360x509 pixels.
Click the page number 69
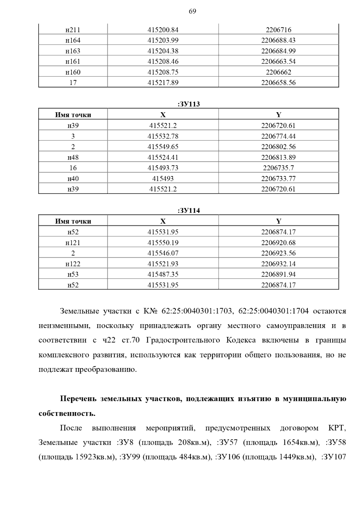click(x=192, y=11)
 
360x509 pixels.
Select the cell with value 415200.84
click(x=163, y=30)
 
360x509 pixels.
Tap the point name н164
click(x=73, y=40)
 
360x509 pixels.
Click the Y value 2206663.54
click(x=278, y=61)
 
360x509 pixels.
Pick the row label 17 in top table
click(x=73, y=83)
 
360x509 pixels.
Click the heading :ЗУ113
click(x=189, y=104)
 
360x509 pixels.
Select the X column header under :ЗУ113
click(x=163, y=115)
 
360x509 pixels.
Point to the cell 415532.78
click(x=163, y=136)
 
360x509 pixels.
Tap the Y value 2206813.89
click(x=278, y=157)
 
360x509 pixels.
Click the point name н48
click(x=73, y=157)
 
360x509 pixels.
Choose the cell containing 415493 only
click(x=163, y=179)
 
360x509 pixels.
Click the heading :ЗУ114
click(x=189, y=211)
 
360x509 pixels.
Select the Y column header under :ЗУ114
click(x=278, y=221)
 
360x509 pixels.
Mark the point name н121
click(x=73, y=243)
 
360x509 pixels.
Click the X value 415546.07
click(x=163, y=253)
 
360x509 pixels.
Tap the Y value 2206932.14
click(x=278, y=264)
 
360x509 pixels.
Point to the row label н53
click(x=73, y=274)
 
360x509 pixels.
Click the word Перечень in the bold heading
click(x=79, y=399)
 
